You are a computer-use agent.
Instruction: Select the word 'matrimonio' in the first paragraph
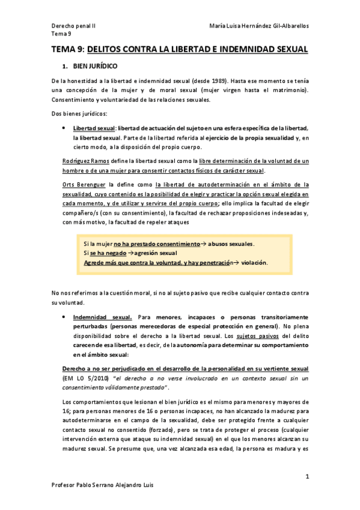click(x=284, y=90)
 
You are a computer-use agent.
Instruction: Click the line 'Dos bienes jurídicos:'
click(x=78, y=114)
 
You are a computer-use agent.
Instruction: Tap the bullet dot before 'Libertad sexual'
click(x=64, y=128)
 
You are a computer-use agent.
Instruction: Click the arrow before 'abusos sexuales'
click(x=203, y=244)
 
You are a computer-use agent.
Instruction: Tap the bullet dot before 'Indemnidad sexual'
click(x=64, y=317)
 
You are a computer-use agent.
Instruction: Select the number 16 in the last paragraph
click(x=65, y=411)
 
